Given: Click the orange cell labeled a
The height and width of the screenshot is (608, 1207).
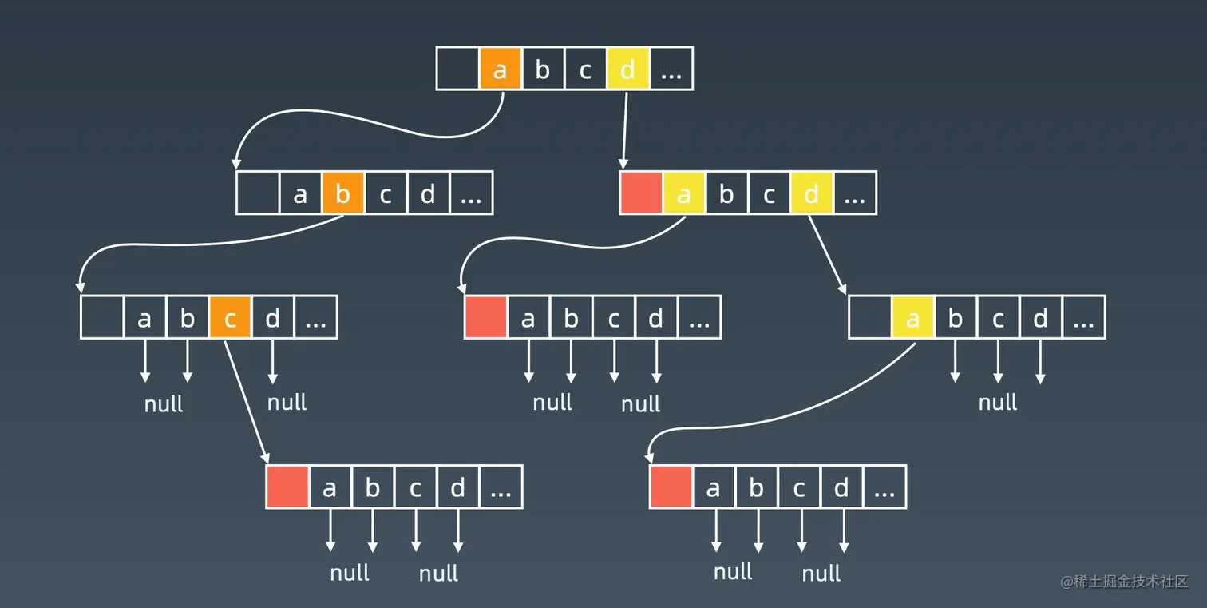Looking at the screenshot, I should [x=501, y=69].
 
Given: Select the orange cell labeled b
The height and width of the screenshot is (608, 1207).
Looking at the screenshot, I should [x=343, y=193].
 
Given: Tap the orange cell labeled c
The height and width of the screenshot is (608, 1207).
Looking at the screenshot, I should [x=230, y=317].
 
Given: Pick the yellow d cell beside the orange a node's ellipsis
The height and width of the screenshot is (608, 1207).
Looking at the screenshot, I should [x=628, y=69].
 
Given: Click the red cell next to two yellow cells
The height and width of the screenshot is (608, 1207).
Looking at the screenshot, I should [x=641, y=193].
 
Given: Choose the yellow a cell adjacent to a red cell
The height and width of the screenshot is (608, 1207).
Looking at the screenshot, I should [x=684, y=193].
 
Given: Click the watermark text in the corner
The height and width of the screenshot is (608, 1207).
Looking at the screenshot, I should [x=1124, y=582].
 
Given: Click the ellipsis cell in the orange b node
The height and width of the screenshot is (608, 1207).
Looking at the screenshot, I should [x=471, y=193].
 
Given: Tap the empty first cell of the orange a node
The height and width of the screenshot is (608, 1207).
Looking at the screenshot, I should [x=457, y=69].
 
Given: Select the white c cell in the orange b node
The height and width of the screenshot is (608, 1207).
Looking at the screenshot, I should [x=386, y=193].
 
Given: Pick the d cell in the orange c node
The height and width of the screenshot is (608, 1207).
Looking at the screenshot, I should [x=273, y=317].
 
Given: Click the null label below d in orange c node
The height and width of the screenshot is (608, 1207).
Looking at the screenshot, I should [x=287, y=402].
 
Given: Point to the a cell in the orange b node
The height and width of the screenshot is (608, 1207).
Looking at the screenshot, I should [x=300, y=193].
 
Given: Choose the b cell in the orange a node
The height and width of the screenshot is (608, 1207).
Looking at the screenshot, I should [x=543, y=69].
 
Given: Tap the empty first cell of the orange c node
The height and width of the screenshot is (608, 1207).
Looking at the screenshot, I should [x=101, y=317].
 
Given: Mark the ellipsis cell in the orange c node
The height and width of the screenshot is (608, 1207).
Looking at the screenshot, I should [x=316, y=317].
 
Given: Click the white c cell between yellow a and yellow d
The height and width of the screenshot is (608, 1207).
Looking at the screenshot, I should [x=770, y=193].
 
